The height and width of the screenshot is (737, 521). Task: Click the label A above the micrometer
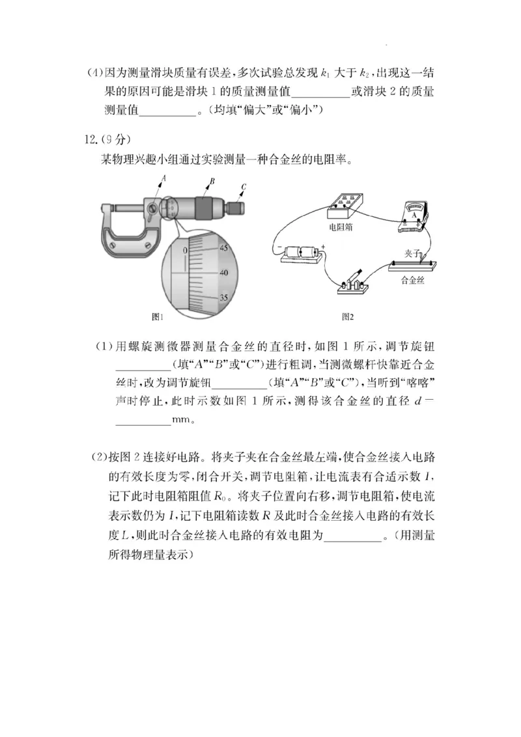(163, 177)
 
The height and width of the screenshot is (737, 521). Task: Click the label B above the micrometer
(212, 182)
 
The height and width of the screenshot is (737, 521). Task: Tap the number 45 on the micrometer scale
(224, 248)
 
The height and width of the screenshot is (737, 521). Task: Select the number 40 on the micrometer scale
(224, 273)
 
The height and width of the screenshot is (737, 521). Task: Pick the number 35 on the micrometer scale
(224, 298)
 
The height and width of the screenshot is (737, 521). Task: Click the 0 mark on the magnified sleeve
(185, 250)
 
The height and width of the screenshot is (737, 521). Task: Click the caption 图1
(157, 317)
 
